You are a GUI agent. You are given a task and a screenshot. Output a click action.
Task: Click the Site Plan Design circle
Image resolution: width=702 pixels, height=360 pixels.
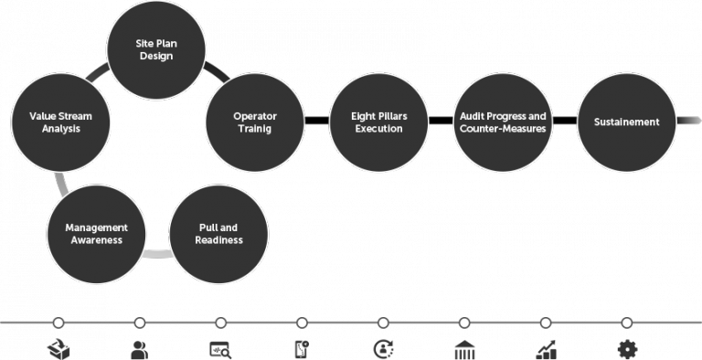point(156,49)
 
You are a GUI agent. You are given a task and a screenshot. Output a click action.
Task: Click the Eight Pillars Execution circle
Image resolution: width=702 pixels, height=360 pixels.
point(378,122)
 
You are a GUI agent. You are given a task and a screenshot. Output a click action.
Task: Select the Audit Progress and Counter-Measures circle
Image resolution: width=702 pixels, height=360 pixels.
point(503,122)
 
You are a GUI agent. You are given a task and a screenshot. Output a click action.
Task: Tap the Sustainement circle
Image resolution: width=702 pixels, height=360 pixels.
point(626,122)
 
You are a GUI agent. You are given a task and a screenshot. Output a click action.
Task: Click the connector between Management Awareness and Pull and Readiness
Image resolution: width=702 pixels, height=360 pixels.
point(156,253)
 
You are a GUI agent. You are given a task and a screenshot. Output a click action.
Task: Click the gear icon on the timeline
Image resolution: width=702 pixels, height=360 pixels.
point(626,348)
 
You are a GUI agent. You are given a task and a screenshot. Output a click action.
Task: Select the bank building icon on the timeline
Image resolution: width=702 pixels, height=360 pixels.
point(464,349)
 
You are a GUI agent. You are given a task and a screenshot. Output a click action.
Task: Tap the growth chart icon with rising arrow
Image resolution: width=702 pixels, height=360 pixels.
point(546,348)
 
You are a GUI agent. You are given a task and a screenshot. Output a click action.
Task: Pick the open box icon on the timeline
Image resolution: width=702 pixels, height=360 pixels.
point(58,348)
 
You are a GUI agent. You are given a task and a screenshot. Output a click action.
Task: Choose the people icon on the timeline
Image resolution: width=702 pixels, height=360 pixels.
point(140,348)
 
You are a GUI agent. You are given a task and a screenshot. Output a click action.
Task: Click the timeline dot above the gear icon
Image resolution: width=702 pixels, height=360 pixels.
point(626,323)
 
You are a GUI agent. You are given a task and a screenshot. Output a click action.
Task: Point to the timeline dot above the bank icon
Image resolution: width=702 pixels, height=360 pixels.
point(464,323)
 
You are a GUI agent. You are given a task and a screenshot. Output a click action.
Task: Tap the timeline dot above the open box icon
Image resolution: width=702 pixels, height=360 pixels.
point(58,323)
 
